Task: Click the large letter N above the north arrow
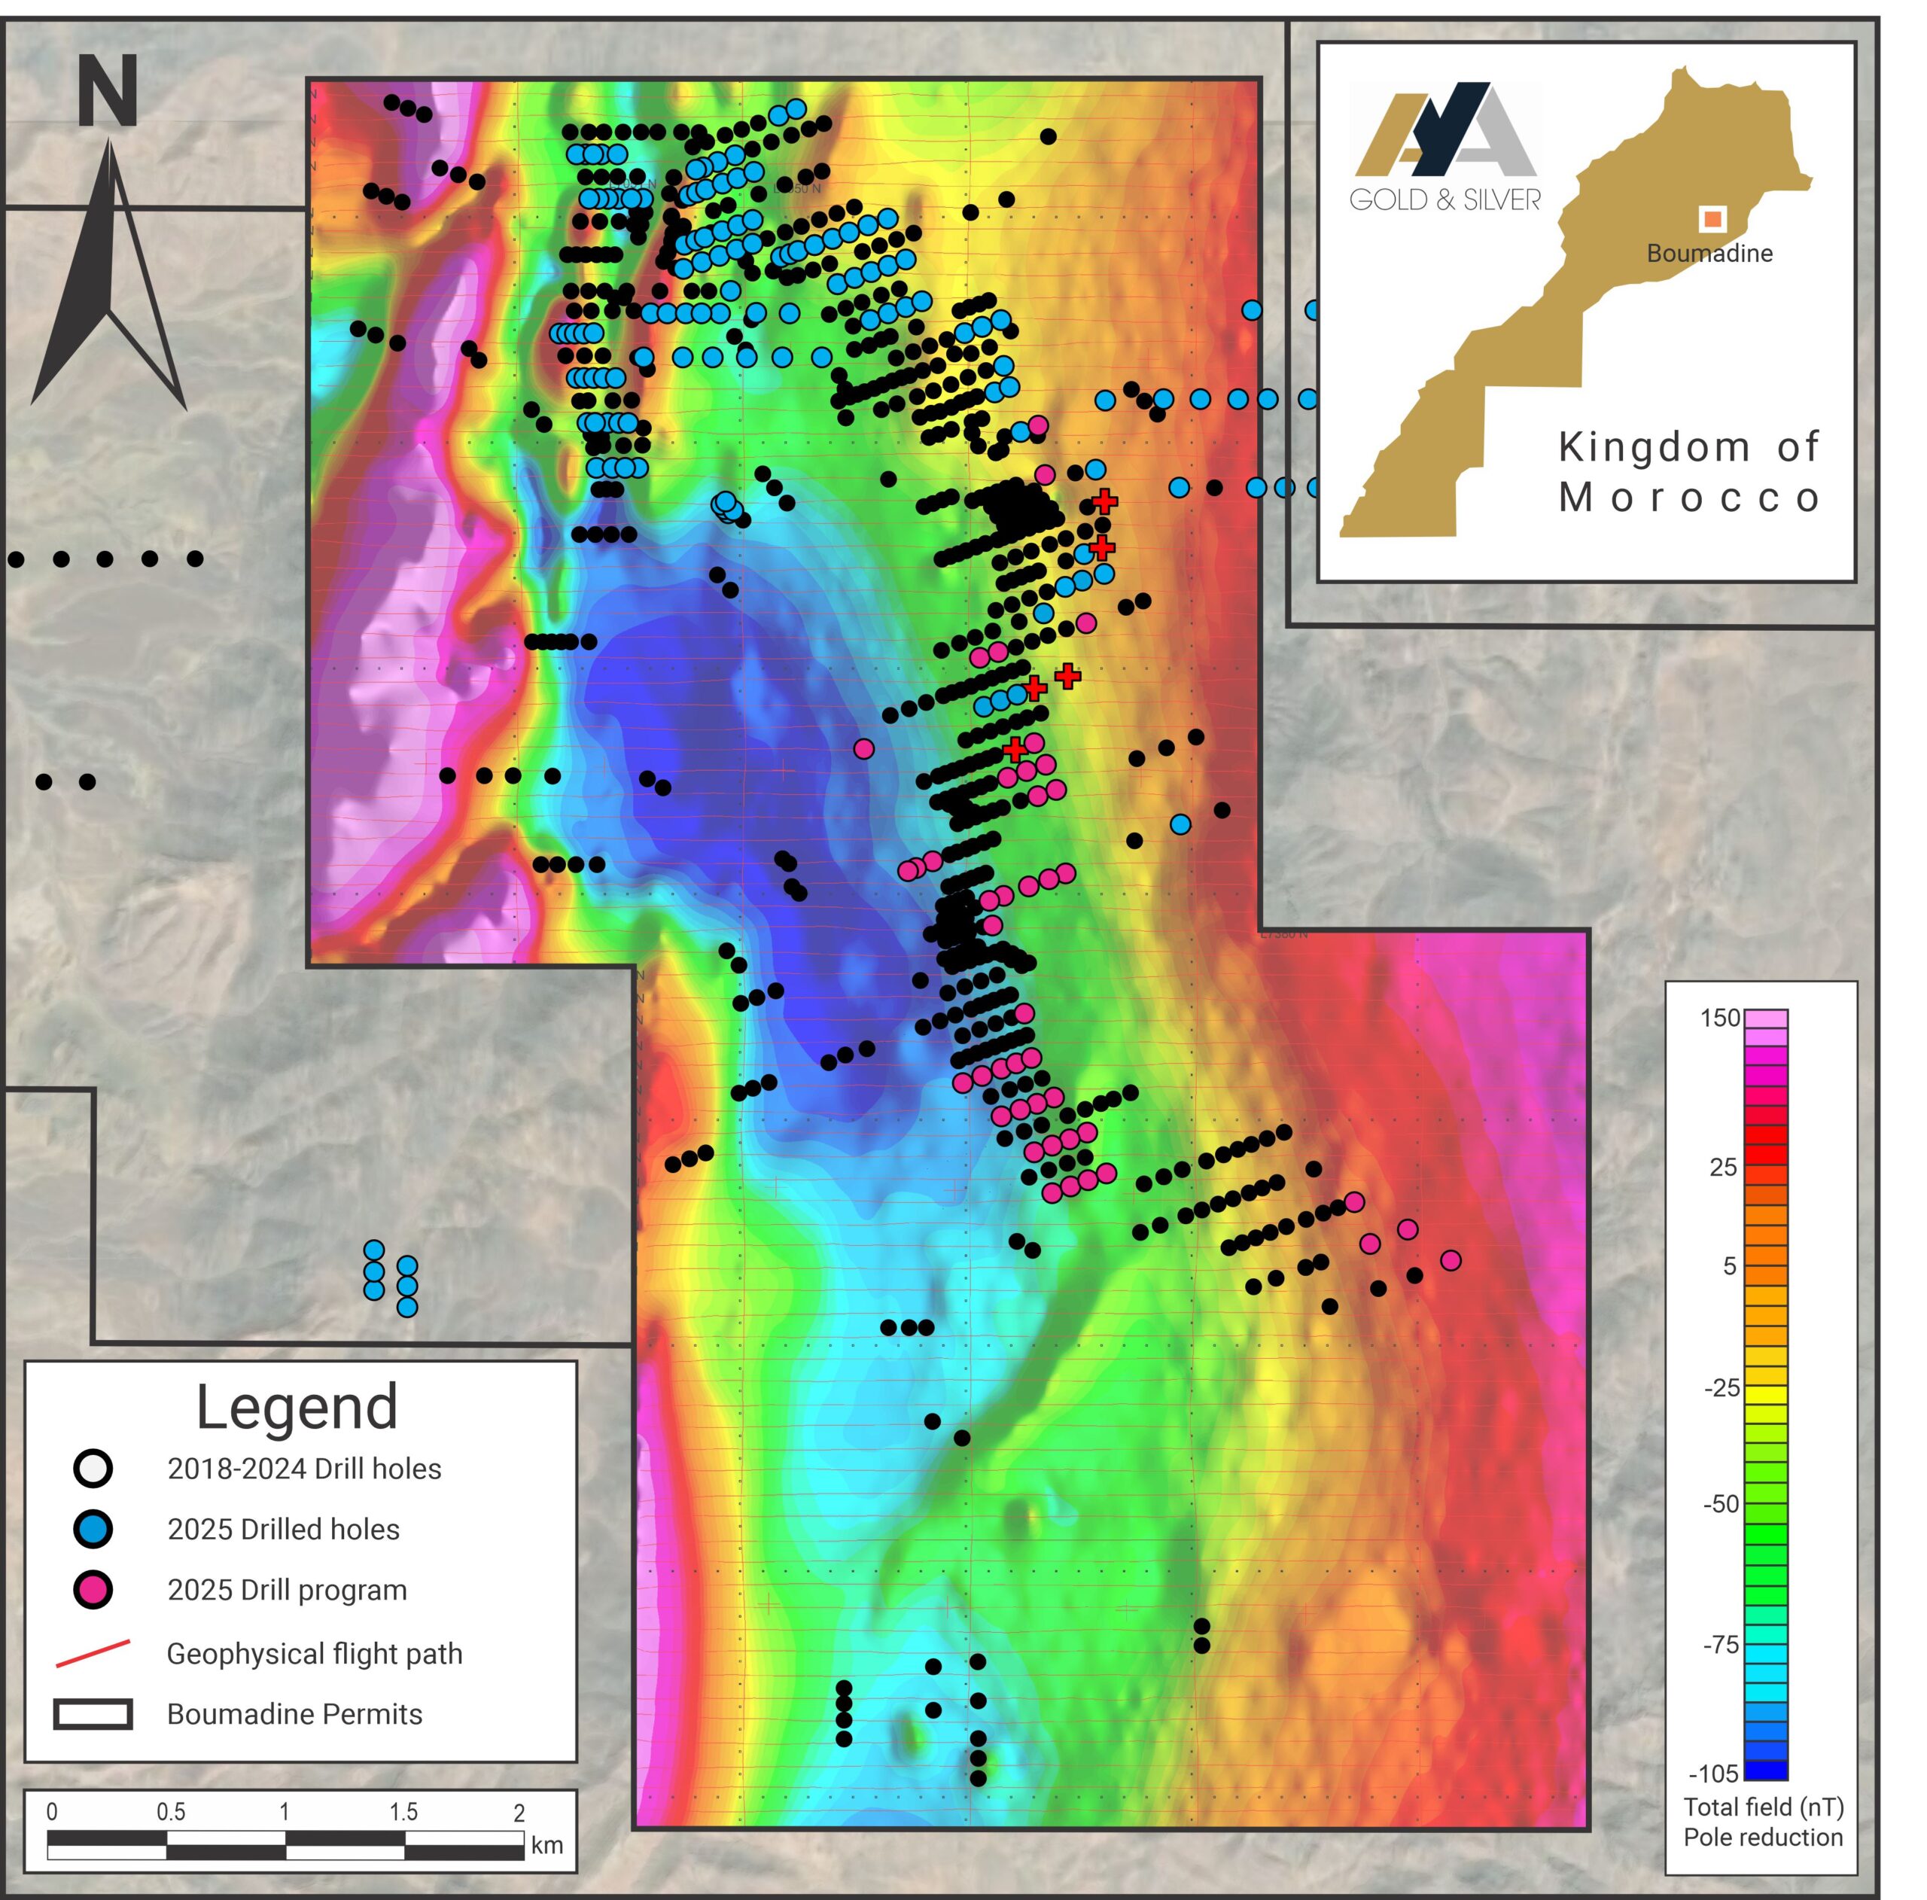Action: point(108,92)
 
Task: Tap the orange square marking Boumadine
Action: point(1712,218)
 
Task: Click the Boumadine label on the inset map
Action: point(1709,254)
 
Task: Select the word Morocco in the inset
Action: point(1690,497)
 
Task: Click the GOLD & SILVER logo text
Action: point(1444,199)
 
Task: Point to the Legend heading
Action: point(297,1406)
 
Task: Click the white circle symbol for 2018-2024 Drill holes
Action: point(93,1468)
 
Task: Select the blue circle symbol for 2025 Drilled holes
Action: point(93,1529)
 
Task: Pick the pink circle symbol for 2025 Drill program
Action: point(93,1590)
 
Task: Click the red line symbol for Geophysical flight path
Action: point(93,1652)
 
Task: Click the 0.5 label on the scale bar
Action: point(171,1811)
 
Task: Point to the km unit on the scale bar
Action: point(546,1844)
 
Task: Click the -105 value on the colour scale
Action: point(1713,1772)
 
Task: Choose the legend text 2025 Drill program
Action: point(288,1590)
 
